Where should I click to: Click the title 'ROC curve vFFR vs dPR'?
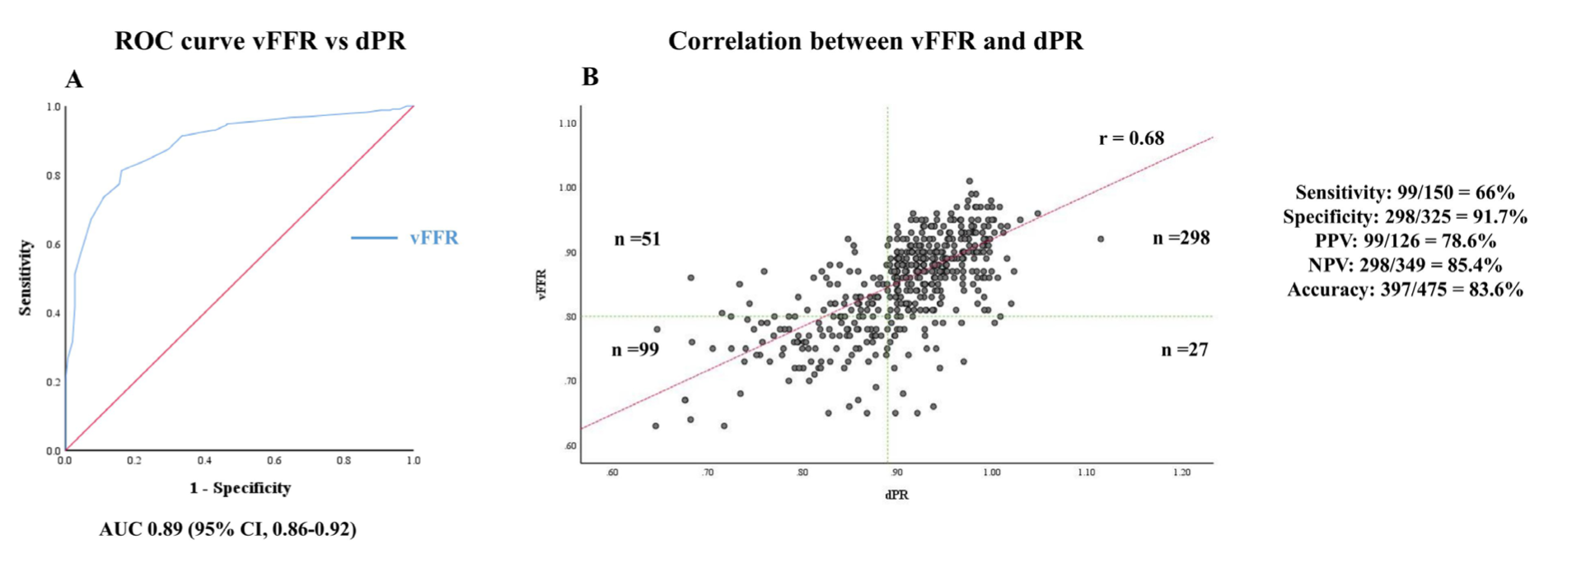260,41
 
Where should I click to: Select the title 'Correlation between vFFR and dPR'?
875,41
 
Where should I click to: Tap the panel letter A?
74,80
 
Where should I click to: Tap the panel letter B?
590,77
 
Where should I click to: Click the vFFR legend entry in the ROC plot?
433,238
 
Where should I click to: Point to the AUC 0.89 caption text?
228,529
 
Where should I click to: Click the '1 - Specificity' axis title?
240,488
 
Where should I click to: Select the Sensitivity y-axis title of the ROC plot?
26,277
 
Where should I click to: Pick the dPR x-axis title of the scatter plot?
896,496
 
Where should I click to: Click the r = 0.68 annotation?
1131,138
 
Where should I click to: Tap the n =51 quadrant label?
637,240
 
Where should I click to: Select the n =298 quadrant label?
1181,239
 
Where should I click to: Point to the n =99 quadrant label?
634,350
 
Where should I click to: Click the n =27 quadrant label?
1184,350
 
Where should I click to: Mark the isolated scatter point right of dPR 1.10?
1101,240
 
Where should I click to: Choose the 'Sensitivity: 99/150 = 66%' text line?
1405,193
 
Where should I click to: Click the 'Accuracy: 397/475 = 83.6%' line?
1405,290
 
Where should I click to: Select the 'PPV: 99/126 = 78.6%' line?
1405,241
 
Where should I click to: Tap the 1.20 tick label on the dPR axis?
1181,473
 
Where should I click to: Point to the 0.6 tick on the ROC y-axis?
54,244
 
